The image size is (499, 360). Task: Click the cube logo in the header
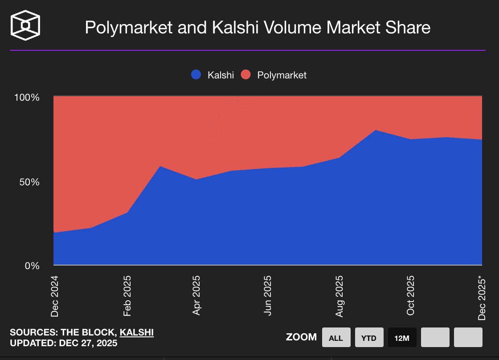click(x=25, y=25)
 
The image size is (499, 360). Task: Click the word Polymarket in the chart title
click(x=128, y=28)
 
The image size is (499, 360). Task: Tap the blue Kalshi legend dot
click(x=196, y=75)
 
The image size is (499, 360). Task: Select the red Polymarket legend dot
click(x=246, y=75)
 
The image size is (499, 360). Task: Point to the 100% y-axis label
click(x=27, y=98)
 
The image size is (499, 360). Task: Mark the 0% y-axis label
click(x=33, y=266)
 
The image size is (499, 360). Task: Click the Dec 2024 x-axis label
click(x=54, y=296)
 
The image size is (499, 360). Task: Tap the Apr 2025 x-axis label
click(x=196, y=295)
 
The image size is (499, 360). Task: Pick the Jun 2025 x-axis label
click(x=267, y=295)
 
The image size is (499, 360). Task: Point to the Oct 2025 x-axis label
click(x=410, y=295)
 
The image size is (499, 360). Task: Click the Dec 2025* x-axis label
click(x=482, y=298)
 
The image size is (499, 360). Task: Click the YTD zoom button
click(x=368, y=338)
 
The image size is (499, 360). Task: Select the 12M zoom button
click(x=402, y=338)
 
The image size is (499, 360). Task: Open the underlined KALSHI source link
click(x=137, y=332)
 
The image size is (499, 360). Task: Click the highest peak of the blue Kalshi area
click(x=376, y=130)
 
